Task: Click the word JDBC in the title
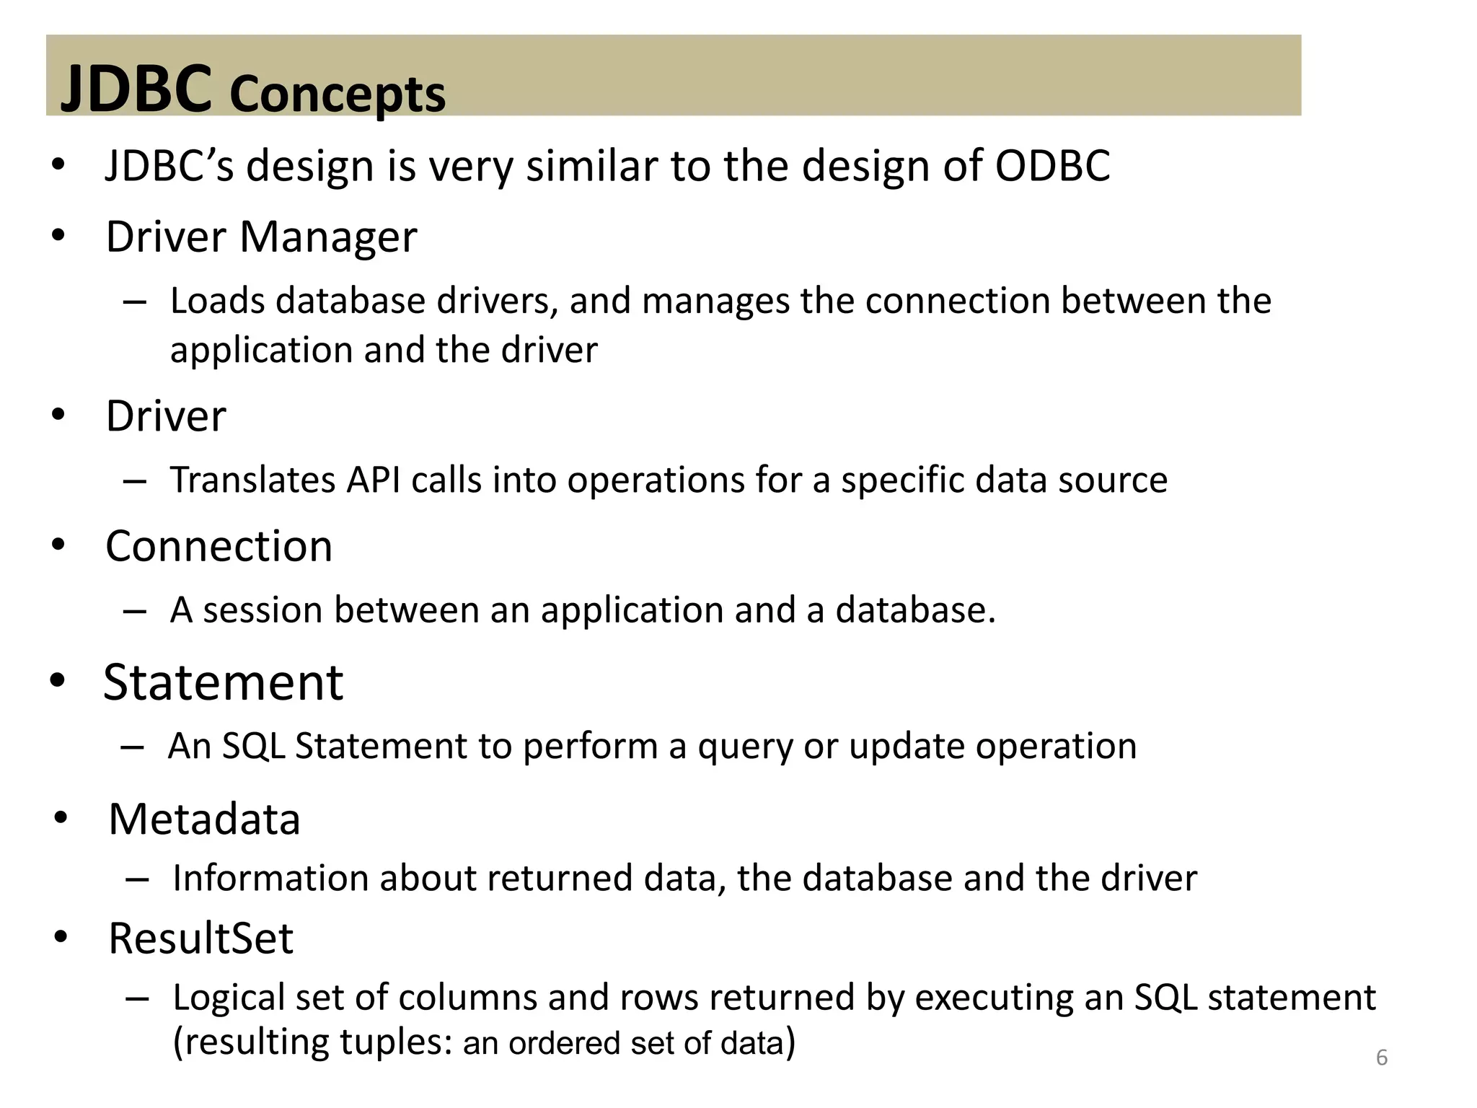pyautogui.click(x=136, y=89)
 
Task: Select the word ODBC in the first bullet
pyautogui.click(x=1052, y=166)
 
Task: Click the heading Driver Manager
pyautogui.click(x=261, y=237)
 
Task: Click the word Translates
pyautogui.click(x=252, y=480)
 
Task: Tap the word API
pyautogui.click(x=373, y=480)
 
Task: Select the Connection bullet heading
pyautogui.click(x=219, y=546)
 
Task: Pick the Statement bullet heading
pyautogui.click(x=223, y=682)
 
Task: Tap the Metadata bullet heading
pyautogui.click(x=204, y=819)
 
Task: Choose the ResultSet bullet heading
pyautogui.click(x=200, y=938)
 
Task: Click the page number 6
pyautogui.click(x=1381, y=1058)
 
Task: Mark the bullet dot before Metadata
pyautogui.click(x=61, y=818)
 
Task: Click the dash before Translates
pyautogui.click(x=135, y=481)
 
